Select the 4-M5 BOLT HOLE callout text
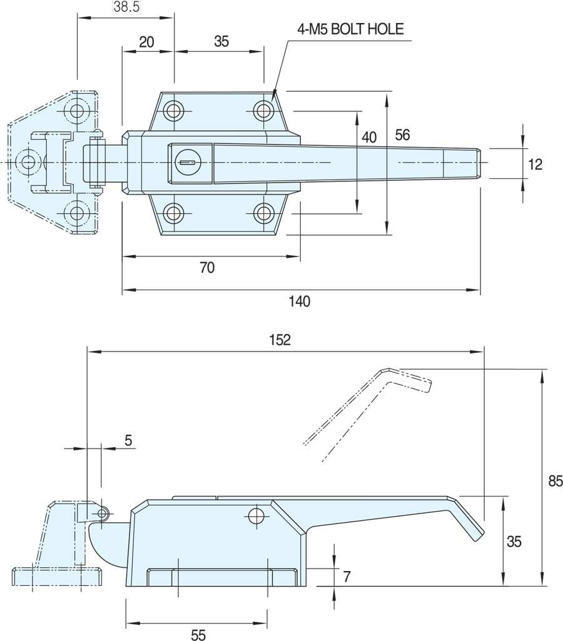[350, 28]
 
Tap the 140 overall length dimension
[300, 301]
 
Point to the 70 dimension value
[207, 268]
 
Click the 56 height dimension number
[402, 134]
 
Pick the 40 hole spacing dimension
[369, 136]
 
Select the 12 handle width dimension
[535, 164]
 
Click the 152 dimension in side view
[280, 340]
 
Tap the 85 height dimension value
[555, 481]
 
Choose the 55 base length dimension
[198, 635]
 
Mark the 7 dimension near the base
[347, 575]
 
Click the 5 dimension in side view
[128, 440]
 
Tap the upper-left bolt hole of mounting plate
[174, 111]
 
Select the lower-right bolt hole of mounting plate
[264, 214]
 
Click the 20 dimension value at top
[146, 42]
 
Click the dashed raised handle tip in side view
[425, 385]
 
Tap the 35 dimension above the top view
[221, 42]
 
